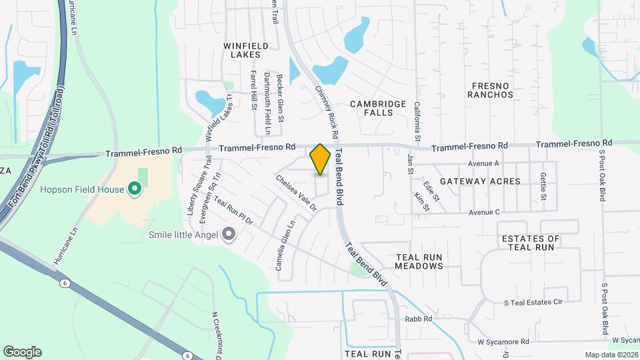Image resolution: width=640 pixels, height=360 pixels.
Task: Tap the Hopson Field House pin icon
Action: click(134, 189)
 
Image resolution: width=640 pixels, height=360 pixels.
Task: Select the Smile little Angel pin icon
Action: click(229, 234)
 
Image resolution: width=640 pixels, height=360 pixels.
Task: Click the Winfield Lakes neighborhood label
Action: click(245, 50)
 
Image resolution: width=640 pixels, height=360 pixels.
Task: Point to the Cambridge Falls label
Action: click(378, 109)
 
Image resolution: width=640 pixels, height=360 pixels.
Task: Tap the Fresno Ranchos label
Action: click(492, 90)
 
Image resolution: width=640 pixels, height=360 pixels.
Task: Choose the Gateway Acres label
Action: click(488, 181)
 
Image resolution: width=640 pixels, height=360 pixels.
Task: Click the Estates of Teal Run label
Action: click(531, 243)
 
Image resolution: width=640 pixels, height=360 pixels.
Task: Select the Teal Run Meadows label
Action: click(419, 261)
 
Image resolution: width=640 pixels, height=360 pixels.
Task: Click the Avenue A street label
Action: click(484, 163)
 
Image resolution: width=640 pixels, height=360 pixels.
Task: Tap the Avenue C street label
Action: click(484, 212)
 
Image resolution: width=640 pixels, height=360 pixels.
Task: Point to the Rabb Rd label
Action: click(419, 319)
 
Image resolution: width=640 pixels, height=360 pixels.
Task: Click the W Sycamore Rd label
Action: click(503, 342)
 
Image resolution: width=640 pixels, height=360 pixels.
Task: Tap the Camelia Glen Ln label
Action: click(285, 247)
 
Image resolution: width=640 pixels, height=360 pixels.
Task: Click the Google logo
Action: click(22, 352)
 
